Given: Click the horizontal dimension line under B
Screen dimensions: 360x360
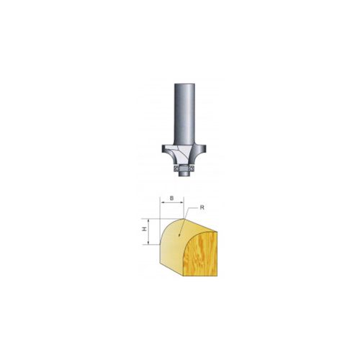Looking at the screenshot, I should pos(173,204).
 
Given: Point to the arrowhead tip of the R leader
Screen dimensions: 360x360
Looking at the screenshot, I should pos(184,219).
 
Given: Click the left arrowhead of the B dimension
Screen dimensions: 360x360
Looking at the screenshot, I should pos(161,204).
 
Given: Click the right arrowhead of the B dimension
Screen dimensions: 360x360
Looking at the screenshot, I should pos(184,204).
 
